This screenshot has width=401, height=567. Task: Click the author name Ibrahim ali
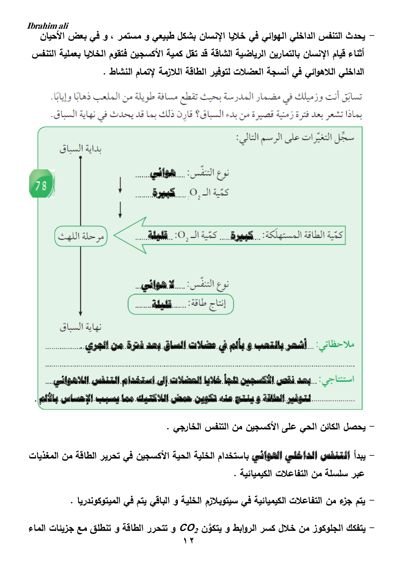(48, 26)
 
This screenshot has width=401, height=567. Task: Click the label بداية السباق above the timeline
(80, 149)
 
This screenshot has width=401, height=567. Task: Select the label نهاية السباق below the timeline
(80, 327)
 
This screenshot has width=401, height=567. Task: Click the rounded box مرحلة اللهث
(80, 236)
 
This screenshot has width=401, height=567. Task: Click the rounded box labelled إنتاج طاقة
(181, 304)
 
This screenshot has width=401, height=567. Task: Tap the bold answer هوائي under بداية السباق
(163, 174)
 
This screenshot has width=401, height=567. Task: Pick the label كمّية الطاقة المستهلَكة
(303, 235)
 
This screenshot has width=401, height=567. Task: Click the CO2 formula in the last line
(188, 528)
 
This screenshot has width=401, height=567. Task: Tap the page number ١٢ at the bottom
(188, 541)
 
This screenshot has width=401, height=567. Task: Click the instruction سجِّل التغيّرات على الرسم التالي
(295, 138)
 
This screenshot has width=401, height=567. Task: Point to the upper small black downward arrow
(120, 185)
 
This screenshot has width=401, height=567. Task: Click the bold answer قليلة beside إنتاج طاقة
(162, 304)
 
